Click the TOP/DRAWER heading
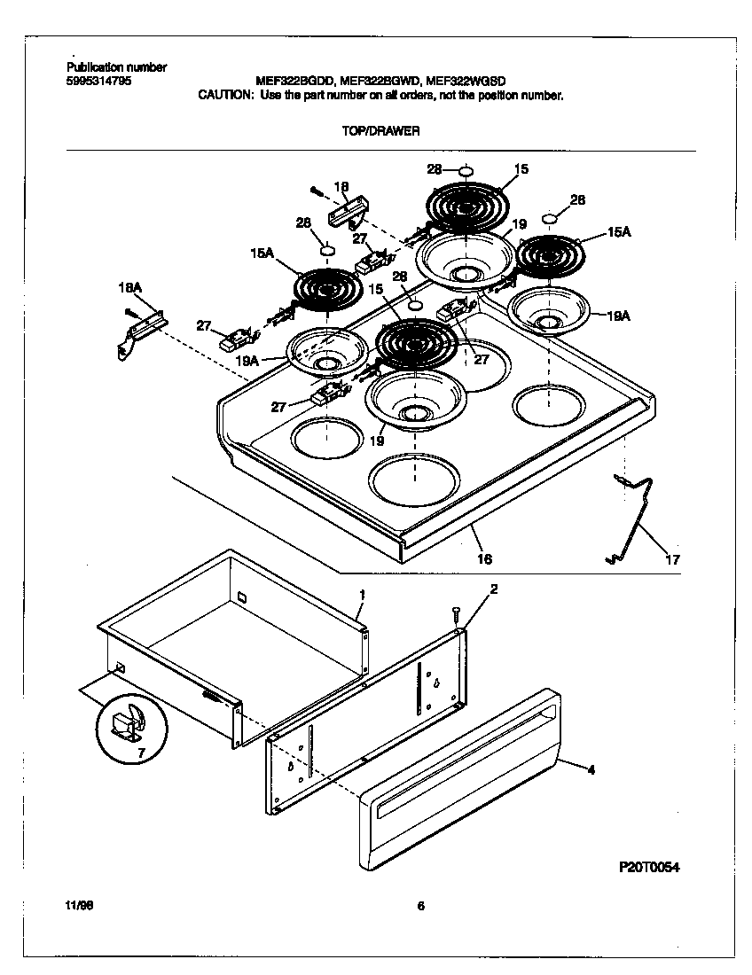[380, 130]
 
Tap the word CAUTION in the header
[225, 95]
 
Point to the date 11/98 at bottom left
[78, 906]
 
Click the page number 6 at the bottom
[420, 906]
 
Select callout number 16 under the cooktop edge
[484, 559]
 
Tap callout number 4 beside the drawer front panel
[591, 770]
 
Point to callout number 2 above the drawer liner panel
[494, 589]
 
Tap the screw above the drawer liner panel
[456, 614]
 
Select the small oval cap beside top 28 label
[466, 170]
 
